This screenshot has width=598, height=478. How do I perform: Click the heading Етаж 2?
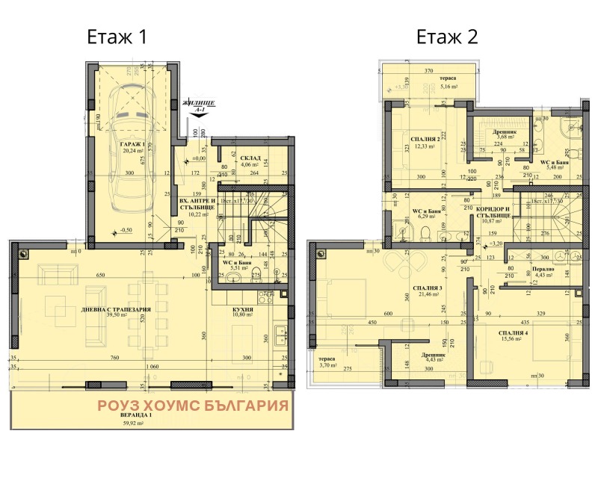[447, 37]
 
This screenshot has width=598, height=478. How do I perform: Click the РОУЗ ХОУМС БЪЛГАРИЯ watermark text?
[194, 406]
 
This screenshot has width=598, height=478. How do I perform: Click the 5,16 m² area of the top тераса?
[449, 87]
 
